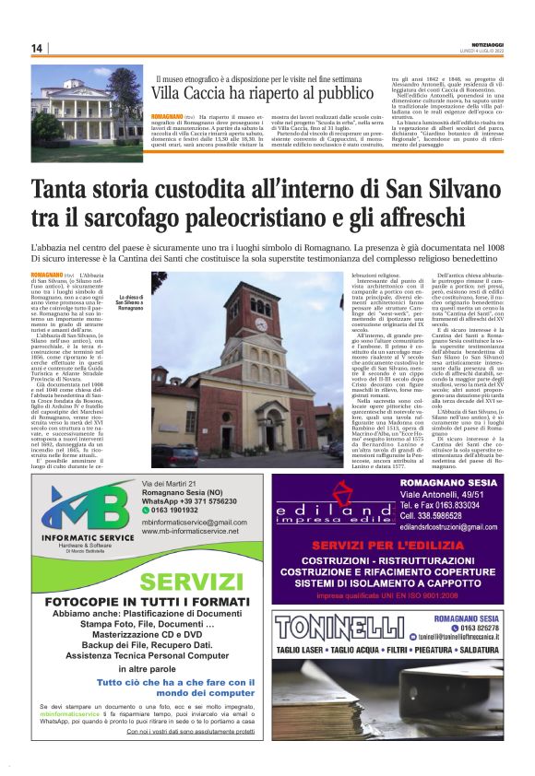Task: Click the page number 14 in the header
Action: tap(37, 48)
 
